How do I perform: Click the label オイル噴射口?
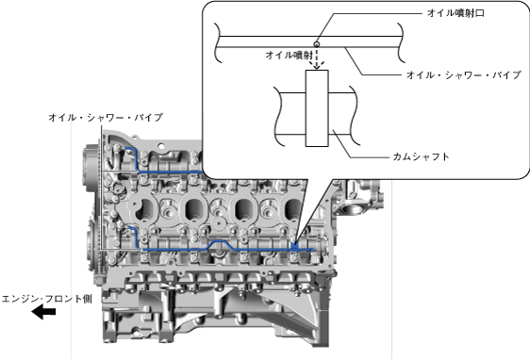[455, 13]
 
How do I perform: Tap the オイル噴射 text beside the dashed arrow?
[289, 55]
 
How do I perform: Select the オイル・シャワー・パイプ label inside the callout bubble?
[463, 74]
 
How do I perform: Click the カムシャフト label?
[421, 156]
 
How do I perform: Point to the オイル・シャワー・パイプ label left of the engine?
[106, 117]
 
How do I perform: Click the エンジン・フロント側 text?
[46, 299]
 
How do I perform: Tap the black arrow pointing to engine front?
[43, 311]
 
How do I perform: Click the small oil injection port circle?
[317, 44]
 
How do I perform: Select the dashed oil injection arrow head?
[317, 66]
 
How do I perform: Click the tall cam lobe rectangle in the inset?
[317, 108]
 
